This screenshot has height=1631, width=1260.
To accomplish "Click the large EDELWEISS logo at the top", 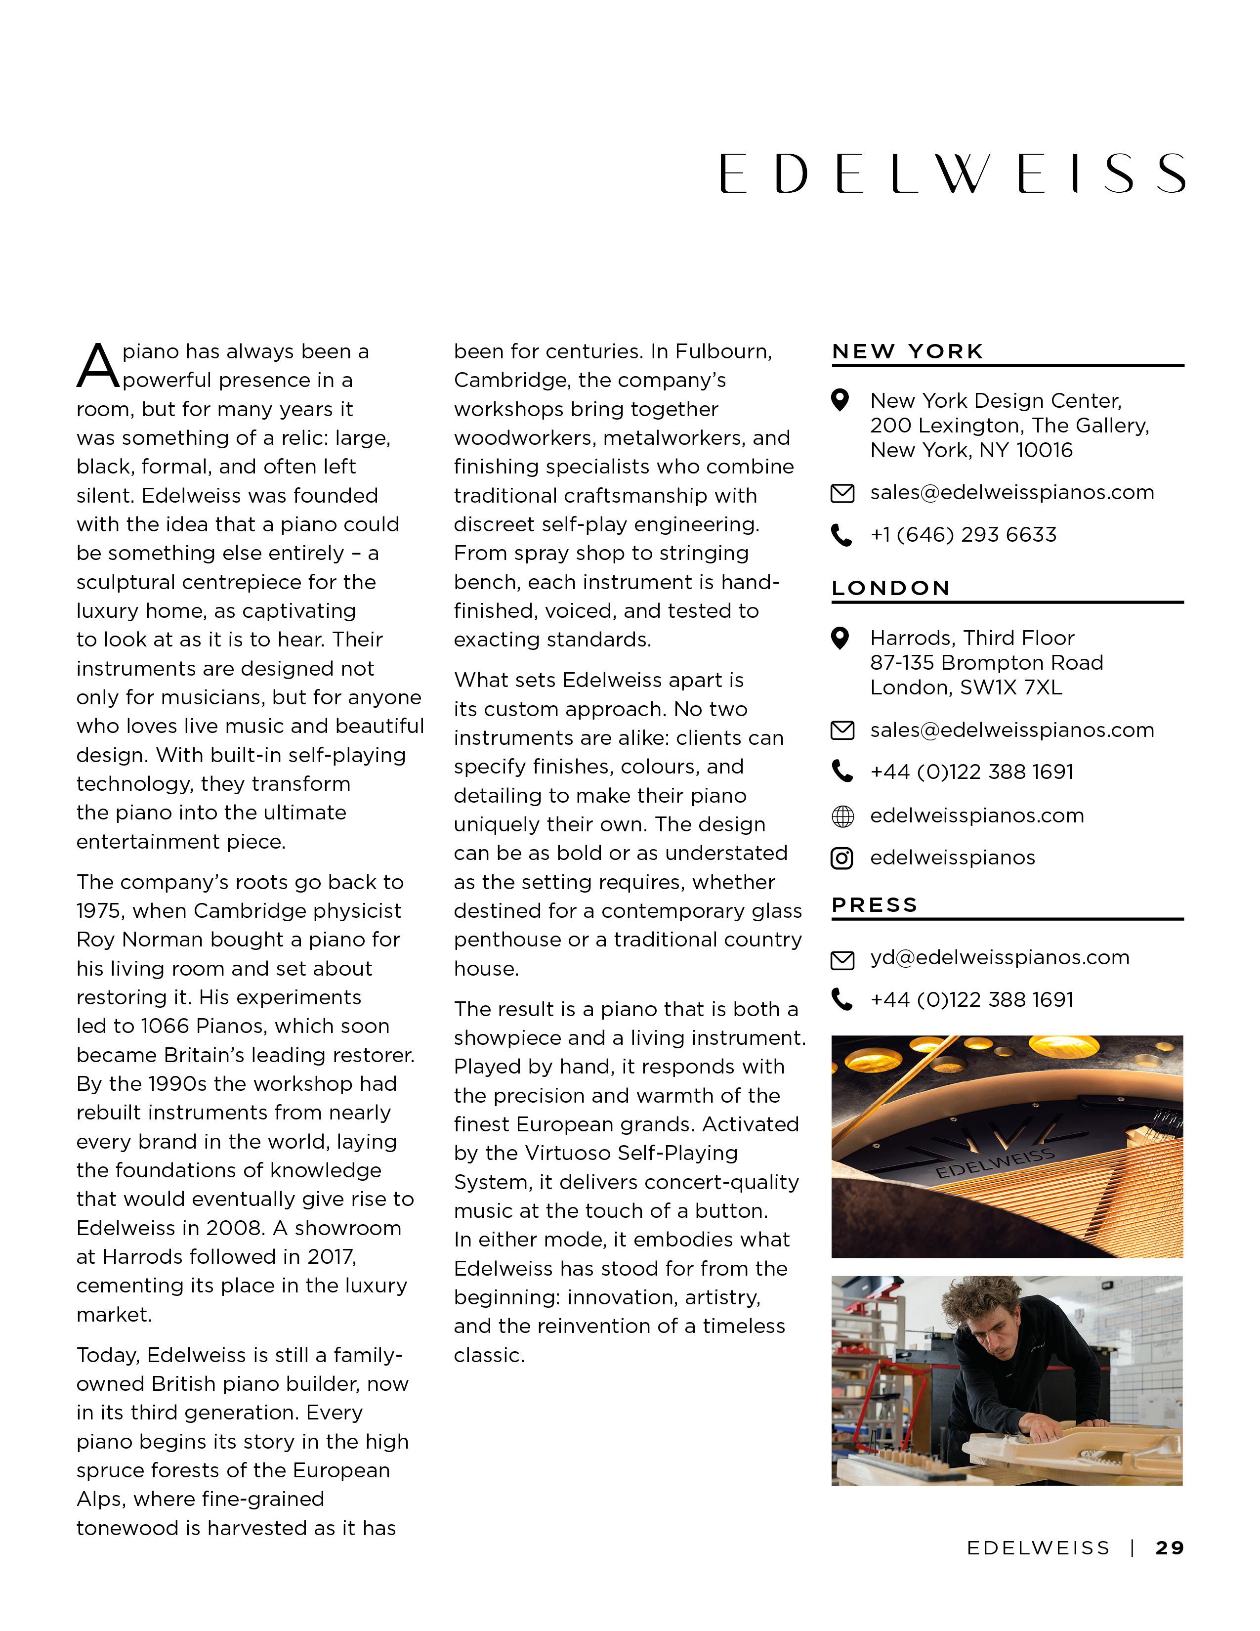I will point(952,173).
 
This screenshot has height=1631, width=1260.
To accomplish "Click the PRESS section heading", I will point(875,904).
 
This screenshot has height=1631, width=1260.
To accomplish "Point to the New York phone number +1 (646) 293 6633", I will point(963,535).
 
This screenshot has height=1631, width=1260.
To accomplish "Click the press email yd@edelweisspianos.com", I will point(1000,957).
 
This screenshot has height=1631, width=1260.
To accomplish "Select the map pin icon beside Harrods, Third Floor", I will point(840,639).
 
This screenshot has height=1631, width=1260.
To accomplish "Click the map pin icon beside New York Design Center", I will point(840,401).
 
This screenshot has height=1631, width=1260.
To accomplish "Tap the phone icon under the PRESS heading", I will point(842,1000).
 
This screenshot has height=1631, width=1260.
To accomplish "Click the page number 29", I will point(1170,1548).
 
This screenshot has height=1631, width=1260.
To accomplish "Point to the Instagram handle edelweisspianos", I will point(953,858).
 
